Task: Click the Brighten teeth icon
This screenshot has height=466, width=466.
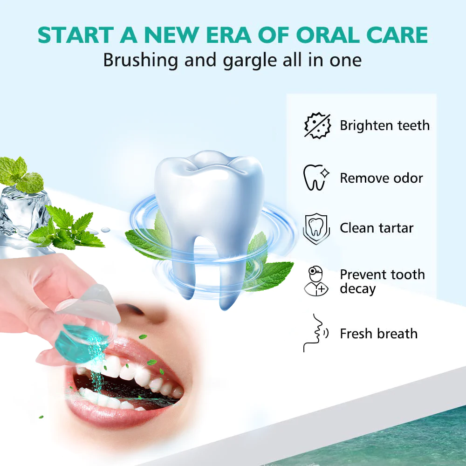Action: pyautogui.click(x=317, y=125)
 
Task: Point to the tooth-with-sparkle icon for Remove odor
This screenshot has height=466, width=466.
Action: pyautogui.click(x=316, y=177)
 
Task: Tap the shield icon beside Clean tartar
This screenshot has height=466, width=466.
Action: pyautogui.click(x=316, y=228)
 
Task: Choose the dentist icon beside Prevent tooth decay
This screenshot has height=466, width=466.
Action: pyautogui.click(x=316, y=281)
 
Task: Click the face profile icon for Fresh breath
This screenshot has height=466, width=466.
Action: pyautogui.click(x=315, y=334)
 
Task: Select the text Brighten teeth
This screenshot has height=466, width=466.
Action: pyautogui.click(x=384, y=125)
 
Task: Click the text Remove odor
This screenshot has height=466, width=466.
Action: pyautogui.click(x=381, y=178)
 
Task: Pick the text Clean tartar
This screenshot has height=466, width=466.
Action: pyautogui.click(x=377, y=228)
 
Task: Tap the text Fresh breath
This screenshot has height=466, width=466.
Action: pyautogui.click(x=378, y=334)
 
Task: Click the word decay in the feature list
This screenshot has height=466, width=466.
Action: pyautogui.click(x=357, y=289)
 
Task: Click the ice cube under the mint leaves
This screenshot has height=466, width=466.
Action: pyautogui.click(x=21, y=210)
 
